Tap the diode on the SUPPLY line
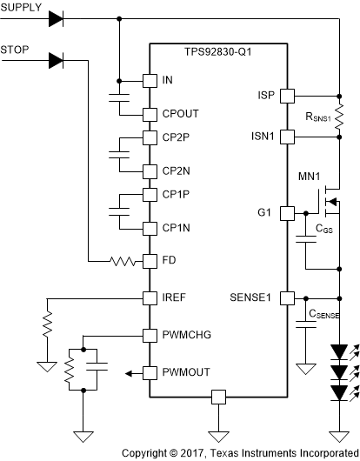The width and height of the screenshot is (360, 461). tap(80, 17)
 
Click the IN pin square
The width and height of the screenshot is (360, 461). tap(149, 79)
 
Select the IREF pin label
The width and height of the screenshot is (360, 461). tap(174, 297)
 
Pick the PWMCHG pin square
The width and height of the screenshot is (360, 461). tap(149, 334)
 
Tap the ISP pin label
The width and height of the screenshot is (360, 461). tap(266, 94)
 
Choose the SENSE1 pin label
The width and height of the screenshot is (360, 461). tap(252, 297)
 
